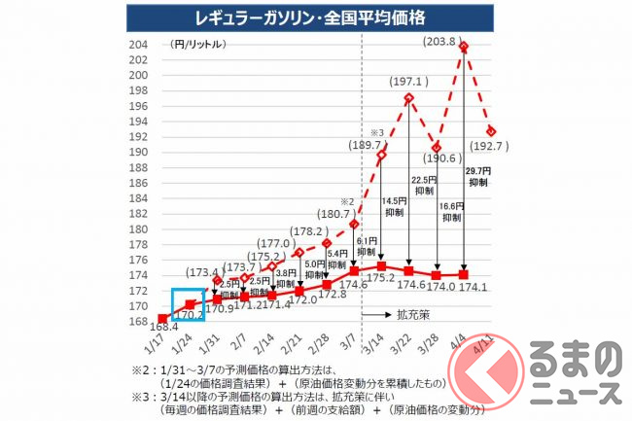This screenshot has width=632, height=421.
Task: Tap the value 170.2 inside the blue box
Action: coord(189,313)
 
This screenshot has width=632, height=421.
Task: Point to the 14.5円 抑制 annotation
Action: coord(397,207)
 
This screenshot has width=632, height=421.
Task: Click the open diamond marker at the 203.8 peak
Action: coord(464,46)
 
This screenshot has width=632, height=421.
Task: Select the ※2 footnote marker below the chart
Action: coord(137,370)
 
